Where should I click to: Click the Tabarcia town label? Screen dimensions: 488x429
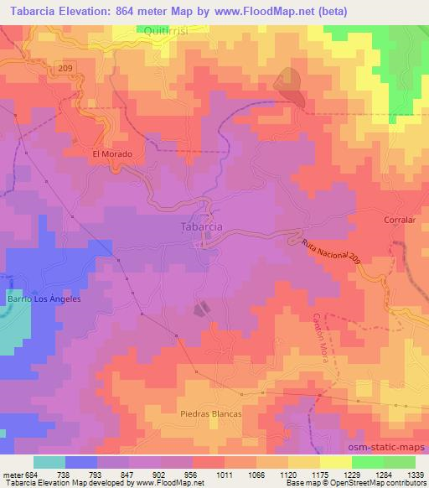(202, 226)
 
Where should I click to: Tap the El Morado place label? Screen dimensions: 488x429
(112, 154)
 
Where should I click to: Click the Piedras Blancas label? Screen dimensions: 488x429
(210, 414)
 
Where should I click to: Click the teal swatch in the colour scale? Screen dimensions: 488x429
(49, 462)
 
